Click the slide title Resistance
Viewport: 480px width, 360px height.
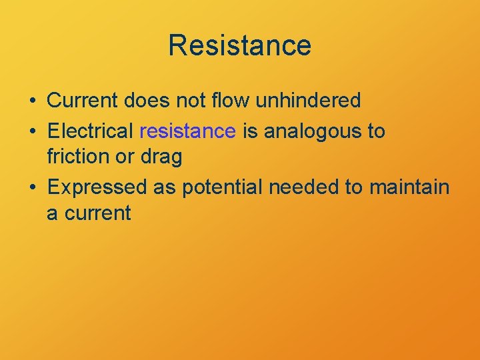pos(240,45)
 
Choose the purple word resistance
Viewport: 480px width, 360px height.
pos(188,131)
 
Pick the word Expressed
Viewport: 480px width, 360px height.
pos(97,188)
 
